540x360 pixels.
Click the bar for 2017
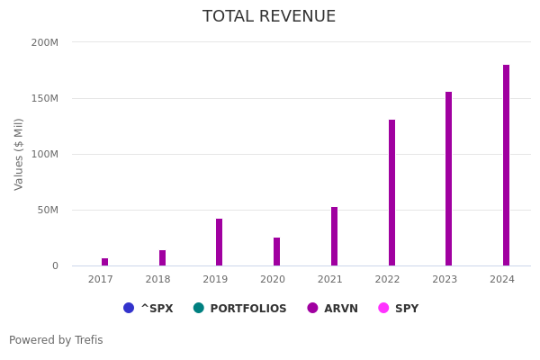[x=104, y=262]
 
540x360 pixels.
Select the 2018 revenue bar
[x=162, y=258]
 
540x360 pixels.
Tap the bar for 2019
[x=219, y=242]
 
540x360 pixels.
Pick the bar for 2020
[x=276, y=252]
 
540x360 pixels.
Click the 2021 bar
[x=334, y=237]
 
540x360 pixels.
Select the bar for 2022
[x=391, y=193]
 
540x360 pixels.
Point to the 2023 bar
[x=448, y=179]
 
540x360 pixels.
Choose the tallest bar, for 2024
[x=506, y=166]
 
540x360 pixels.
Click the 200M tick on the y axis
[x=44, y=42]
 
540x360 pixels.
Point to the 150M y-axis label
[x=44, y=98]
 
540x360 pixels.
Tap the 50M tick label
[x=47, y=210]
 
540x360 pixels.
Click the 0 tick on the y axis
[x=54, y=265]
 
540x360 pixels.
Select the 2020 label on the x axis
[x=273, y=280]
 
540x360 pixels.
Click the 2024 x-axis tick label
[x=502, y=280]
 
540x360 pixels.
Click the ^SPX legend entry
[x=148, y=309]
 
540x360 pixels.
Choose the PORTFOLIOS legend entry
[x=240, y=309]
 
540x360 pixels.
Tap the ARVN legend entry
[x=333, y=309]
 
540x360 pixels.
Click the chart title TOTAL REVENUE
[x=269, y=17]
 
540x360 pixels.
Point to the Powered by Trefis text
[x=56, y=340]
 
